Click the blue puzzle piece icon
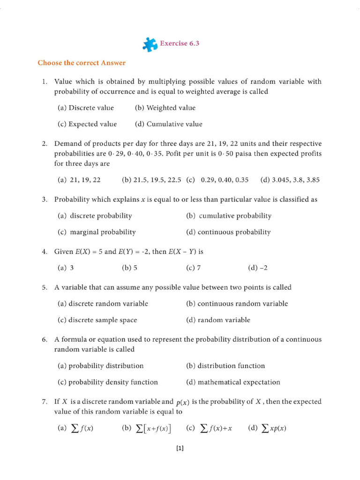coord(150,44)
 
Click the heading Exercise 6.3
coord(180,43)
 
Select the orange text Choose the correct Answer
coord(82,62)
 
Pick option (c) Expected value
coord(87,124)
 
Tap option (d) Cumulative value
coord(168,124)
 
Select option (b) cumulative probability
coord(228,216)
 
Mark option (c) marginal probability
coord(96,232)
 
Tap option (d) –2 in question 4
coord(257,268)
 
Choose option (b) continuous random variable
coord(237,304)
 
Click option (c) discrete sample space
coord(97,320)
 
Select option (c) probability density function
coord(107,382)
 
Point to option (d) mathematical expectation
coord(233,382)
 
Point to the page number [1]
coord(180,449)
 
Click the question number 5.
coord(45,287)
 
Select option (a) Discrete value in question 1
coord(85,108)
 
